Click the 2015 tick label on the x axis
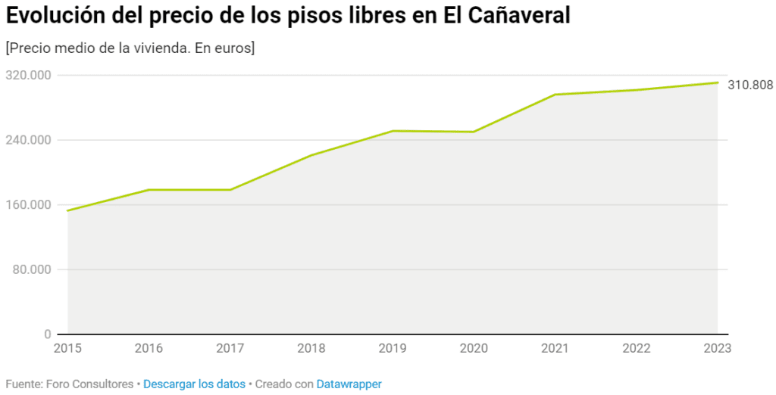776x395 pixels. click(67, 348)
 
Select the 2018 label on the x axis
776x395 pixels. click(311, 348)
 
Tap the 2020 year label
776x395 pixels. click(474, 348)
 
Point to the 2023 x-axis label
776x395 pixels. click(717, 348)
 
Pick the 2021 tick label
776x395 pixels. click(555, 348)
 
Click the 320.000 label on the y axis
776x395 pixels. click(28, 75)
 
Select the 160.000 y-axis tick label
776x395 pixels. click(28, 205)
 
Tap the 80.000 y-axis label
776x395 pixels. click(31, 269)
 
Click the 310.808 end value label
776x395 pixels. click(750, 85)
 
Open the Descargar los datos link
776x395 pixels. click(194, 384)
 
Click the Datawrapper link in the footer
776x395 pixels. click(349, 384)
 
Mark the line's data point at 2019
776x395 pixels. click(393, 131)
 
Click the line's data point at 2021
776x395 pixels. click(555, 95)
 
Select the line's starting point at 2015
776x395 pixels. click(67, 210)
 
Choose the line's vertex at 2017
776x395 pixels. click(230, 189)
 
